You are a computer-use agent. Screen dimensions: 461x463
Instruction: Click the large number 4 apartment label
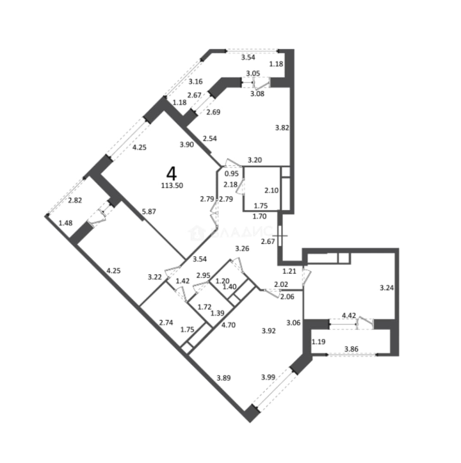(172, 174)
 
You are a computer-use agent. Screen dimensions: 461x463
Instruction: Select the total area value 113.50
(172, 186)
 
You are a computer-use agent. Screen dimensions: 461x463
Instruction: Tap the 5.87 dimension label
(149, 211)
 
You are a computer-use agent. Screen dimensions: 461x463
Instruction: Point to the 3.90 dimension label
(187, 144)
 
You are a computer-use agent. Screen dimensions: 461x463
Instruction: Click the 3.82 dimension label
(282, 128)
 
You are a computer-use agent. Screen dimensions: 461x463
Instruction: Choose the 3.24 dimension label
(386, 288)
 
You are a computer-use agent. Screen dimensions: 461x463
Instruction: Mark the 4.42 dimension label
(349, 316)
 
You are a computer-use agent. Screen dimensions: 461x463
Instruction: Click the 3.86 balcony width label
(352, 349)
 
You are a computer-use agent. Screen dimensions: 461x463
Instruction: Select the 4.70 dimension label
(228, 325)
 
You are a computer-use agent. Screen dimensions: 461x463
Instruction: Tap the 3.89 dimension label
(223, 378)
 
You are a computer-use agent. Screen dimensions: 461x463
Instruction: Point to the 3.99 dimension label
(268, 377)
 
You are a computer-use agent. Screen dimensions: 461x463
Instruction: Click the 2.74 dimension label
(166, 322)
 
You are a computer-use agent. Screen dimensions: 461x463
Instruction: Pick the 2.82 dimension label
(75, 200)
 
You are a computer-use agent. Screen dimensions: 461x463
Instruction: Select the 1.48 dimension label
(66, 223)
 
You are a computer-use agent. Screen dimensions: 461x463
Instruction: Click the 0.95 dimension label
(232, 174)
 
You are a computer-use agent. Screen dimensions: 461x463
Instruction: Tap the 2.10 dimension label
(271, 190)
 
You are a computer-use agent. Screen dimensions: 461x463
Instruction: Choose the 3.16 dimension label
(196, 81)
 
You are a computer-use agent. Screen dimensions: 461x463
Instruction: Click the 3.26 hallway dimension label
(242, 249)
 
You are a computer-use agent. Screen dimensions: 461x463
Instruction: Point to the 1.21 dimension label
(289, 271)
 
